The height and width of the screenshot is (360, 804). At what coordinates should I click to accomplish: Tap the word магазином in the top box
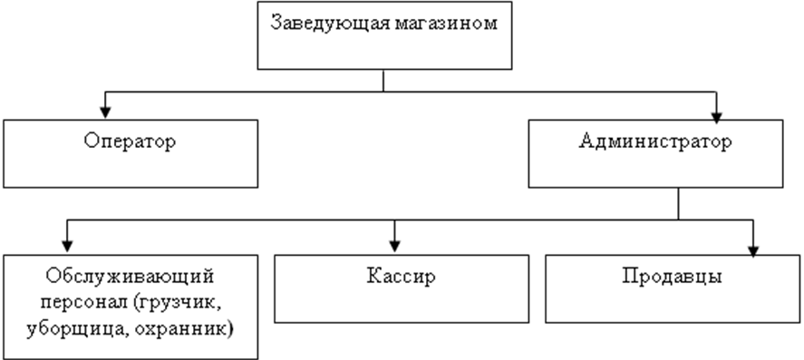(x=447, y=24)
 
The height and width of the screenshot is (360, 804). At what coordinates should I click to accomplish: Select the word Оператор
(x=130, y=142)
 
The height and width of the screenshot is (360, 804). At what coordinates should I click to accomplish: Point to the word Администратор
(x=655, y=142)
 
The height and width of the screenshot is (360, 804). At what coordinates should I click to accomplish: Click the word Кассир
(x=402, y=277)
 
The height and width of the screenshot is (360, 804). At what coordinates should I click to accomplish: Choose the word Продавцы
(x=673, y=277)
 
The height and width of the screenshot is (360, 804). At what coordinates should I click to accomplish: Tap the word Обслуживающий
(x=131, y=277)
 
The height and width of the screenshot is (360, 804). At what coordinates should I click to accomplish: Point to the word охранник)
(x=185, y=329)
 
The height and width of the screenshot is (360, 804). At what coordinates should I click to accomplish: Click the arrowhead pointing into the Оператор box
(x=105, y=112)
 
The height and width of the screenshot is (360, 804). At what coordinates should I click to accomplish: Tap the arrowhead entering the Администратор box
(x=716, y=117)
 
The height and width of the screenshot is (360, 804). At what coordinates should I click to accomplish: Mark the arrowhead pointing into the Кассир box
(x=394, y=246)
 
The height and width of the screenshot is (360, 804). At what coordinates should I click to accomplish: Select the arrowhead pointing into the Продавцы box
(x=752, y=250)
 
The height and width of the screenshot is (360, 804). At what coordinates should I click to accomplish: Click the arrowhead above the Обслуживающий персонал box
(x=67, y=245)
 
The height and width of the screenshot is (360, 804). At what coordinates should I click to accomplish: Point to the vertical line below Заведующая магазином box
(x=383, y=81)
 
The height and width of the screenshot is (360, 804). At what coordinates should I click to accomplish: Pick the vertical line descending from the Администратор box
(x=678, y=204)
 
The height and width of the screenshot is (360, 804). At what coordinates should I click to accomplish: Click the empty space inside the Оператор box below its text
(x=130, y=170)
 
